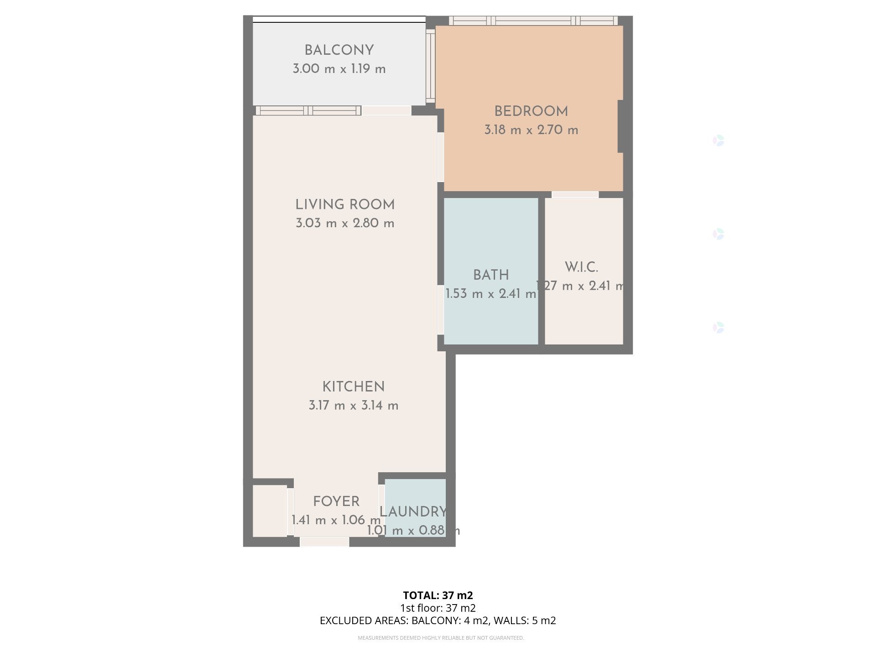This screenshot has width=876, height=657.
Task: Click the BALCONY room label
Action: (x=339, y=50)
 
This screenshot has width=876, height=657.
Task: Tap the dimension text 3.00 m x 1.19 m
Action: (x=339, y=69)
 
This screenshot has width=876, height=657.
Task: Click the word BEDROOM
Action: (x=531, y=111)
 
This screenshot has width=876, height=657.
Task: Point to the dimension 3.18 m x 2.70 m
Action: (x=531, y=130)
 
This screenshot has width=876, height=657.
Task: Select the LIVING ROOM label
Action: (x=345, y=205)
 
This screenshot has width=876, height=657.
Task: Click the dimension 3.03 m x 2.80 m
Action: (x=345, y=224)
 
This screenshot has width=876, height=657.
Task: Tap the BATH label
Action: (x=491, y=275)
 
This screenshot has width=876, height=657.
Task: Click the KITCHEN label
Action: (x=354, y=387)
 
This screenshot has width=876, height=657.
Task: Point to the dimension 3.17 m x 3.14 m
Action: (x=354, y=406)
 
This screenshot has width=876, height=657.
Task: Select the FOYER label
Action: (x=336, y=501)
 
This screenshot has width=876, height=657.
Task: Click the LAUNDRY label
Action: (x=413, y=512)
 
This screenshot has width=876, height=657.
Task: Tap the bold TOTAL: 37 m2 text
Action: (x=438, y=595)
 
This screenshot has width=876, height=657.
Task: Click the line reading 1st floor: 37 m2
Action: (x=438, y=608)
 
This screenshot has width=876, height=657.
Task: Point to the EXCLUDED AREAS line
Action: (x=438, y=620)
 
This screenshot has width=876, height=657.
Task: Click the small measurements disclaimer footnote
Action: (x=441, y=638)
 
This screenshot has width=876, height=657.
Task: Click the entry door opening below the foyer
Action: (x=324, y=542)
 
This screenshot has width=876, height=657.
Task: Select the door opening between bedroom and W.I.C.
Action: (x=575, y=195)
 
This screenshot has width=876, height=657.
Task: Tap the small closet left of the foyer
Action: (x=270, y=511)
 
